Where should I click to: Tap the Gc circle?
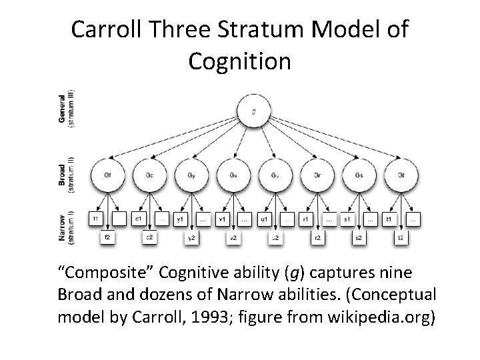tap(149, 175)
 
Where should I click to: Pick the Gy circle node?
tap(191, 175)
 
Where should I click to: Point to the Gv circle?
tap(233, 175)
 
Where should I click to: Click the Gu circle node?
tap(275, 175)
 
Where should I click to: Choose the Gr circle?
tap(317, 175)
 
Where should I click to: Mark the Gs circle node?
tap(358, 175)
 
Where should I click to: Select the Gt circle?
tap(400, 175)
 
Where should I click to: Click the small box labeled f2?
tap(107, 236)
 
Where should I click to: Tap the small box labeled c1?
tap(138, 218)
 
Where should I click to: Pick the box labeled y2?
tap(191, 236)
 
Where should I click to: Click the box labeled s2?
tap(358, 236)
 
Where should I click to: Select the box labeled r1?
tap(305, 218)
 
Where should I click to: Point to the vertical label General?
tap(62, 107)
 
